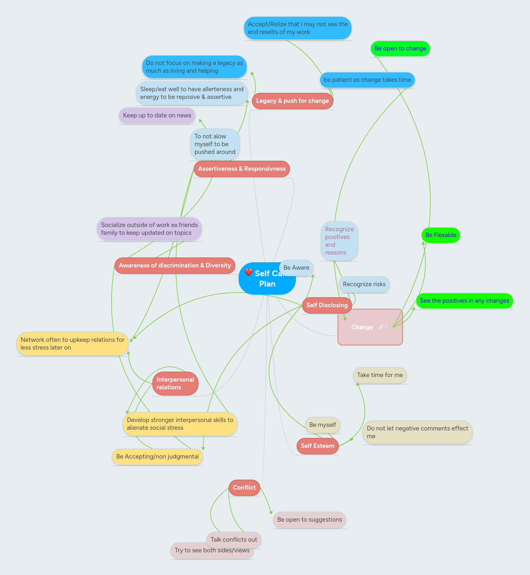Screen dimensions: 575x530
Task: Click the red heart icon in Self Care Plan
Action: pos(248,272)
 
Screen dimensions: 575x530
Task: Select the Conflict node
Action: pos(244,488)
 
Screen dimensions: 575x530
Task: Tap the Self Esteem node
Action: pos(318,446)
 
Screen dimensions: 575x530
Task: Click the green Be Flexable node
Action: pos(440,235)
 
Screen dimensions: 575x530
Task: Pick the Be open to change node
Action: pos(400,49)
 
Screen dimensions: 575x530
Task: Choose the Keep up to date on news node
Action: pos(157,115)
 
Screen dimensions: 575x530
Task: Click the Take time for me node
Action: pos(380,375)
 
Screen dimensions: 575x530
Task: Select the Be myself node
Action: pos(322,425)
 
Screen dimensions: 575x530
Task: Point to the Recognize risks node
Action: pos(364,284)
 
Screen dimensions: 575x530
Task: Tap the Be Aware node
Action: pos(296,268)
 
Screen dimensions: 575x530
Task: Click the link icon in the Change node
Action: pos(381,327)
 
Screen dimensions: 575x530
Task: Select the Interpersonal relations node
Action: pos(175,384)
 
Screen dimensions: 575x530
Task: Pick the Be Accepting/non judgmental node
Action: pos(157,457)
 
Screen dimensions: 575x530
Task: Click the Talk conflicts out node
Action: pos(233,540)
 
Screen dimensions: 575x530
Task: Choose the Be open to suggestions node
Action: pos(309,520)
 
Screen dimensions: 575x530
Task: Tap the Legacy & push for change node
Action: pos(292,101)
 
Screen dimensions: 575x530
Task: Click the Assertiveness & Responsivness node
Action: pos(242,169)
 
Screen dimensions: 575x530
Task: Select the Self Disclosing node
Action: pos(327,305)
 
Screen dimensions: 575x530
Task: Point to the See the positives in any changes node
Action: pos(464,301)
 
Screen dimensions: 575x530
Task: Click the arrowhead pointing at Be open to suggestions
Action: pos(271,513)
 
